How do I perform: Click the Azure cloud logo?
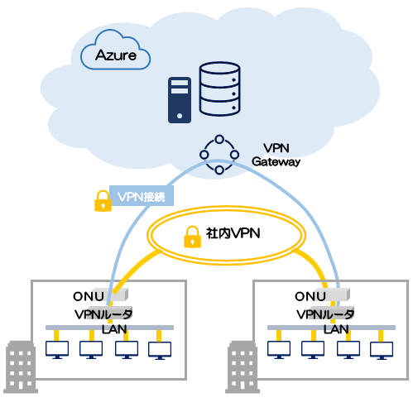coord(115,50)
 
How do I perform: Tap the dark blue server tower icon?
coord(180,100)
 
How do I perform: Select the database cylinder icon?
coord(219,89)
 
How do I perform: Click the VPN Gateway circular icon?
coord(219,155)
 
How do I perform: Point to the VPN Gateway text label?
coord(276,155)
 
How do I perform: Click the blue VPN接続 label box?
coord(142,195)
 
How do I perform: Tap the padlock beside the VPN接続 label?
coord(103,201)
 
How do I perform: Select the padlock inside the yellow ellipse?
coord(192,237)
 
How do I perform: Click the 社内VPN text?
coord(233,233)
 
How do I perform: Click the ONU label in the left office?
coord(89,296)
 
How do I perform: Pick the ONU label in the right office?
coord(310,296)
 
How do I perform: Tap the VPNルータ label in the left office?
coord(103,314)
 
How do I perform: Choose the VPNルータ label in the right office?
coord(325,314)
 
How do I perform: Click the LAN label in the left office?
coord(114,329)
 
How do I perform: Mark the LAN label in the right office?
coord(336,329)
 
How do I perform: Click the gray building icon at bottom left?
coord(21,366)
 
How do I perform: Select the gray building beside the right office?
coord(243,366)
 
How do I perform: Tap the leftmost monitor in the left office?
coord(57,350)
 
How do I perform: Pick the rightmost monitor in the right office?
coord(382,351)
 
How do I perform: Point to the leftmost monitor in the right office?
coord(279,350)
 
